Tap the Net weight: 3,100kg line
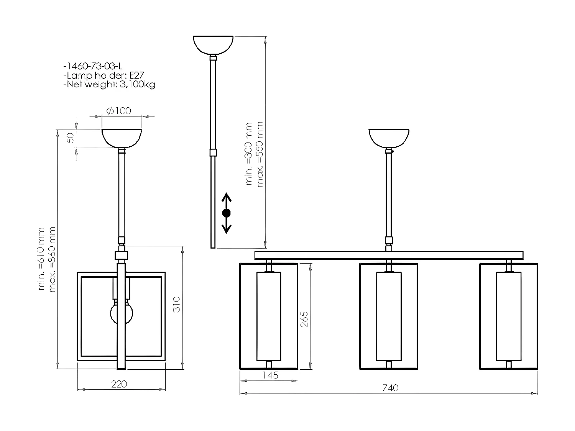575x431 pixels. (x=109, y=84)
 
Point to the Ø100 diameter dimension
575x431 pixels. (x=118, y=111)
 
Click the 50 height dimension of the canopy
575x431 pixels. (x=70, y=138)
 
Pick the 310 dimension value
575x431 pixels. (x=176, y=305)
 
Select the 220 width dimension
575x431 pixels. (x=119, y=383)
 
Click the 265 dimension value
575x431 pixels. (x=304, y=319)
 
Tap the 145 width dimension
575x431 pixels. (x=271, y=375)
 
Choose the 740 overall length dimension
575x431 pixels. (x=390, y=388)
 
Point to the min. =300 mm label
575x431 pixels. (x=249, y=154)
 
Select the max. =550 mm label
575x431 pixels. (x=260, y=154)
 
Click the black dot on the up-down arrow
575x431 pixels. (x=227, y=213)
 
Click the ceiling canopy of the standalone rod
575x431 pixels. (x=213, y=44)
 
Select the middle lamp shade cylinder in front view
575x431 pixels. (x=389, y=316)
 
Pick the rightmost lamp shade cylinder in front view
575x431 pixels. (x=509, y=316)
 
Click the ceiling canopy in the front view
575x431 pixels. (x=389, y=138)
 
